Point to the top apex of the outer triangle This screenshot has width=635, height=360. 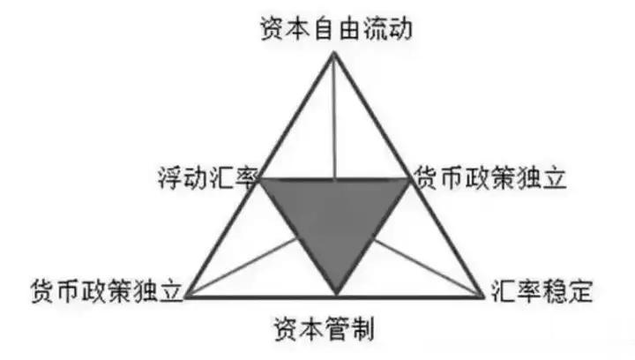click(334, 54)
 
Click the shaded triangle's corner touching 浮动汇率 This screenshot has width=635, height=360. click(261, 180)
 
